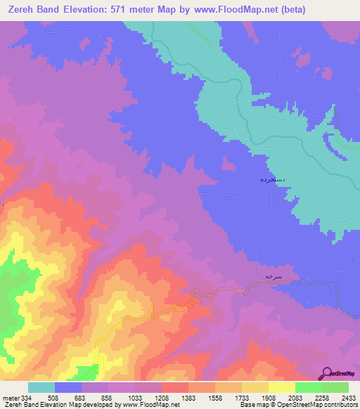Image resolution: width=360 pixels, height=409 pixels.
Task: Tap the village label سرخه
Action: (x=272, y=277)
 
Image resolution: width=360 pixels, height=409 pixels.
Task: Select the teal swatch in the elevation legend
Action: (x=41, y=387)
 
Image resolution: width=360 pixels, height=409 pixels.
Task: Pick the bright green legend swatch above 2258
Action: (x=308, y=387)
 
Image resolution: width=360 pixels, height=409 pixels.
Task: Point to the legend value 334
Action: (x=25, y=398)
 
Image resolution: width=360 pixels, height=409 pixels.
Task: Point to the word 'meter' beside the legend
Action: (x=9, y=398)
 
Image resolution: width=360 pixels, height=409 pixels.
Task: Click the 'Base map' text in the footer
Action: (x=252, y=405)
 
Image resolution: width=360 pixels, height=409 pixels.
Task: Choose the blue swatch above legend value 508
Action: (x=67, y=387)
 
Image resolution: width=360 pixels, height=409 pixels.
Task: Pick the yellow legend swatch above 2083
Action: (x=281, y=387)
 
